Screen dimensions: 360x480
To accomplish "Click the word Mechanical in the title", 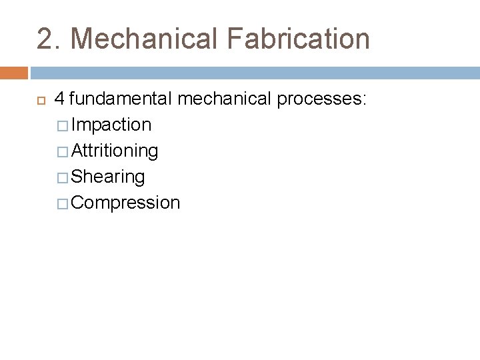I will pos(144,39).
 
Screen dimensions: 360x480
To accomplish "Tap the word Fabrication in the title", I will pos(298,39).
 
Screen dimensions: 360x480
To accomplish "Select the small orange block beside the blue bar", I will pos(13,73).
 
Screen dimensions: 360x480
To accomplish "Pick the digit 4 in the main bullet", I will pos(59,99).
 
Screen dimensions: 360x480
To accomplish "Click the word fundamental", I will pos(121,99).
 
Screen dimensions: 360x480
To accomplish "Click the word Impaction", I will pos(111,125).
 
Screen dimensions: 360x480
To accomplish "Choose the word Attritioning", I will pos(115,151).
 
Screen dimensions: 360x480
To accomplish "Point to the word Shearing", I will pos(108,177).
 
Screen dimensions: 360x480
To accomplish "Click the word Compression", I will pos(125,203).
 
